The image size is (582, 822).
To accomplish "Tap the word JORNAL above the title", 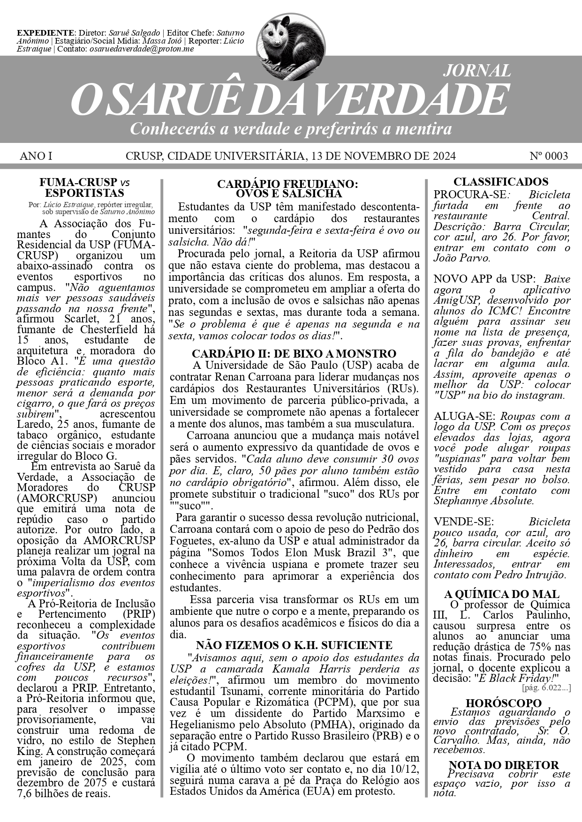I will tap(476, 71).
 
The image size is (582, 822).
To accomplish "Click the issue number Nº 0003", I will tap(548, 156).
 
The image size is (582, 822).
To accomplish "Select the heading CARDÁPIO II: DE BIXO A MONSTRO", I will tap(294, 353).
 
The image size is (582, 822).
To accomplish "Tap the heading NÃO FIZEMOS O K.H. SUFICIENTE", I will tap(294, 645).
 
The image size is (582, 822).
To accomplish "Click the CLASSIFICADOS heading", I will tap(500, 182).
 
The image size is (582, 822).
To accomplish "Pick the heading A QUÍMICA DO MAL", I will tap(501, 594).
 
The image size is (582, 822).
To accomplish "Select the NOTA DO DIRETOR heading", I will tap(504, 765).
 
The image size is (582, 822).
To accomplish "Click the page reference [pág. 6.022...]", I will tap(546, 688).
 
